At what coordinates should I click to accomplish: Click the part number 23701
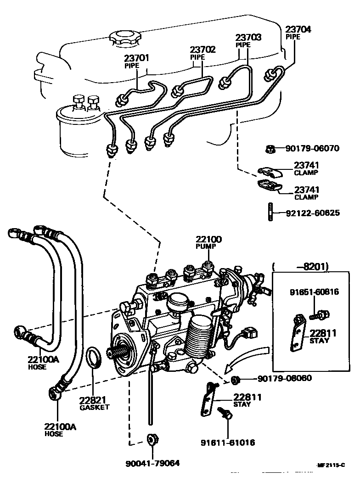coord(136,58)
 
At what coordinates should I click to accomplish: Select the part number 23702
coord(203,50)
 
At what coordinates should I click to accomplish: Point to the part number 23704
coord(298,29)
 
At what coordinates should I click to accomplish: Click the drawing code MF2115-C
coord(330,465)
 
